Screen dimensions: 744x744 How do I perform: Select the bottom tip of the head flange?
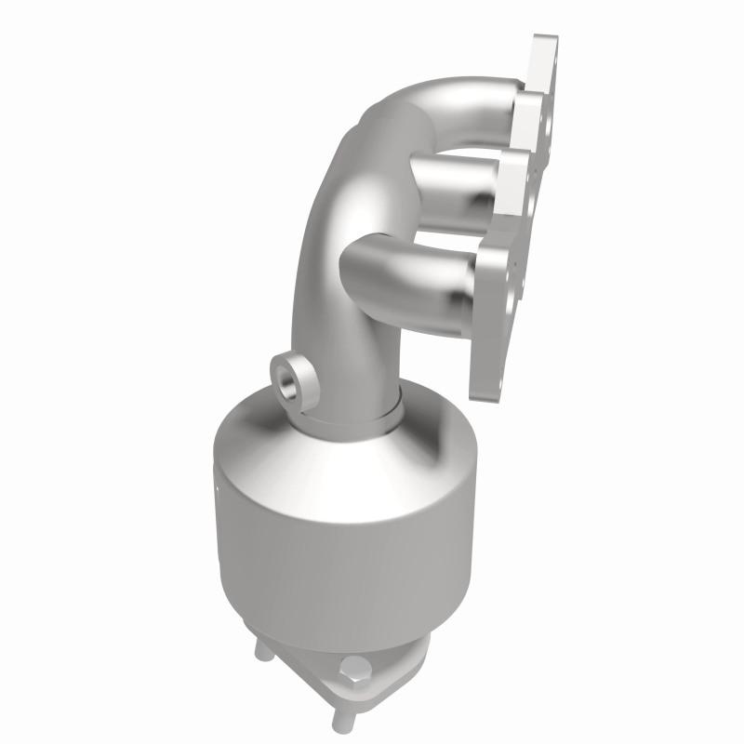484,386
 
